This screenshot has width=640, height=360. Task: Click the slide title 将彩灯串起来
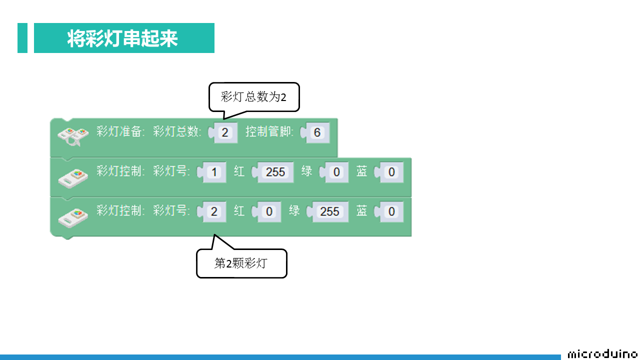122,38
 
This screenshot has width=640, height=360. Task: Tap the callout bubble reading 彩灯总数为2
254,97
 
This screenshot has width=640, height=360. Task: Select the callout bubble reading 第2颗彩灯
241,263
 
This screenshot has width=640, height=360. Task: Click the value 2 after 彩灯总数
225,132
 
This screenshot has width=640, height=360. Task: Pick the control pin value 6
317,132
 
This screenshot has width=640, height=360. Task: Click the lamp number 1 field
214,172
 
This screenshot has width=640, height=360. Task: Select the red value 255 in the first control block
275,172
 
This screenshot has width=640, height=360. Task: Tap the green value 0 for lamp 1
336,172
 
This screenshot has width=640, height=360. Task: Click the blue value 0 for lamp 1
391,172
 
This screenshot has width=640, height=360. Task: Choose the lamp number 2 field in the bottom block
214,211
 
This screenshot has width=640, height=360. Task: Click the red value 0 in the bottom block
269,211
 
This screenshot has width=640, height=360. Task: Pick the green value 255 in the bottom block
330,211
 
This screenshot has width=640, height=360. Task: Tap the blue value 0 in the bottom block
391,211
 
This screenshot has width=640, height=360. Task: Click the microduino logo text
603,354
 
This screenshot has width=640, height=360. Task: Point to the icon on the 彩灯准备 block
73,136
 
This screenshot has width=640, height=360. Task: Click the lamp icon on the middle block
73,178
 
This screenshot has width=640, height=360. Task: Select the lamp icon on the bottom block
73,218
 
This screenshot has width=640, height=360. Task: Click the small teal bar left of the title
22,38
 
